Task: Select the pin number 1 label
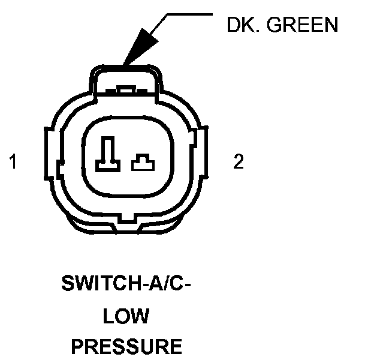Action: click(13, 162)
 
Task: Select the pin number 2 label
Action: click(239, 162)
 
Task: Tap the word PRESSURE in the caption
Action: click(126, 346)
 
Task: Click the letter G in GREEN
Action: click(276, 25)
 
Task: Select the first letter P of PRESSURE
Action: click(79, 346)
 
